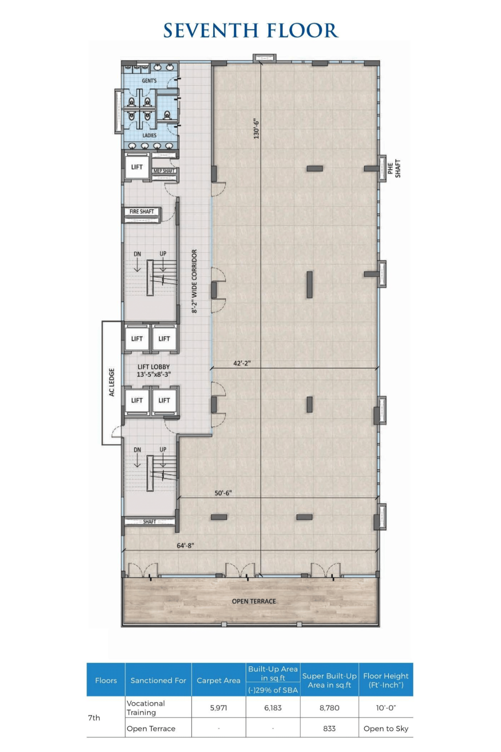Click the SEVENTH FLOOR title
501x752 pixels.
251,30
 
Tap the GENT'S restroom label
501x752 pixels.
149,81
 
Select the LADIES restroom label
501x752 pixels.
149,135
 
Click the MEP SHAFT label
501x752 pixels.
164,171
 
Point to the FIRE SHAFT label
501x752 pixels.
142,212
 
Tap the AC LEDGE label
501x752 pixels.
112,382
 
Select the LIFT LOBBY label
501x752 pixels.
154,370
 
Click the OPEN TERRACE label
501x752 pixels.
254,601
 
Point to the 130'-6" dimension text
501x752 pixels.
257,129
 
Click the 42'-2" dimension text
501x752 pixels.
242,363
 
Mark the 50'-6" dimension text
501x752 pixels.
223,493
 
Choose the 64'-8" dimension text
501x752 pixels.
185,546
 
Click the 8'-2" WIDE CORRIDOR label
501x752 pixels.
194,281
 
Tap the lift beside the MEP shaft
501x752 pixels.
137,167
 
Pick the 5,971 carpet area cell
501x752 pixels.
219,708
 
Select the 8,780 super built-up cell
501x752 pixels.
330,708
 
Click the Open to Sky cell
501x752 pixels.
386,729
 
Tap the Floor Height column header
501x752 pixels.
386,680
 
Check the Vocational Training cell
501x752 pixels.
146,708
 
